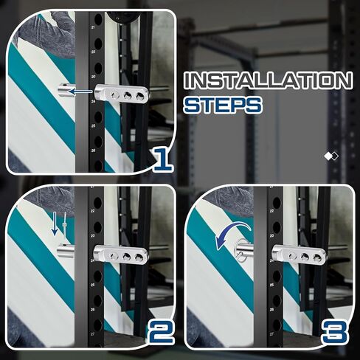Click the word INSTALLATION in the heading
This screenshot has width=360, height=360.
pos(269,80)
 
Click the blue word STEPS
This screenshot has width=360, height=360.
pos(223,105)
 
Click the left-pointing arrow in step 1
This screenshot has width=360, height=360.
pos(81,91)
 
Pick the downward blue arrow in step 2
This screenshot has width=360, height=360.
pos(55,224)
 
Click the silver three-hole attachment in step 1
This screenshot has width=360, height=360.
pos(122,94)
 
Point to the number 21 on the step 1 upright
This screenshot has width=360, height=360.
pos(93,27)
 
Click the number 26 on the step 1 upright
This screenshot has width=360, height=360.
pos(93,150)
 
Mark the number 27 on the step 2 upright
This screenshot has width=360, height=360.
pos(93,334)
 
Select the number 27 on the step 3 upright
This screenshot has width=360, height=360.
pos(271,334)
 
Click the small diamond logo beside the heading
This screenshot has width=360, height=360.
pos(331,156)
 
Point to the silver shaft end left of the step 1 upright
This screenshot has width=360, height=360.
pos(66,90)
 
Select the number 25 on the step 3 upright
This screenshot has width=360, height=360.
pos(271,285)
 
